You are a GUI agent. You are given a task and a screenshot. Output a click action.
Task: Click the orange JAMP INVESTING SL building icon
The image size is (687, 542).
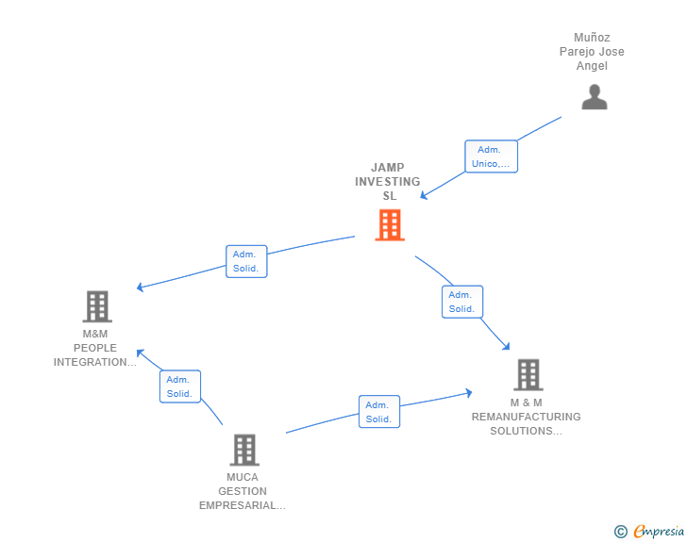point(390,225)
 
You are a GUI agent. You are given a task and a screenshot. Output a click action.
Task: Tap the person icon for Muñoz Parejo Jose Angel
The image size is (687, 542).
point(595,97)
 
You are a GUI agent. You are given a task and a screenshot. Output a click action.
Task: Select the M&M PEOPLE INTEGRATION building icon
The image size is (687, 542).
point(97,306)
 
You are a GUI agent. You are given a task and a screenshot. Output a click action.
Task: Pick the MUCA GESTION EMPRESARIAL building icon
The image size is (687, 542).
point(243,450)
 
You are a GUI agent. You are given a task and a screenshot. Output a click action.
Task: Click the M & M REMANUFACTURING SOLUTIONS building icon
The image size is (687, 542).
point(528,374)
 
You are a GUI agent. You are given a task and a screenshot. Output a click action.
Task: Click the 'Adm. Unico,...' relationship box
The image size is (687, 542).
point(492,156)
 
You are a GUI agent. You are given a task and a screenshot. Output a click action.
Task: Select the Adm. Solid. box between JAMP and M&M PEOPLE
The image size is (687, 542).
point(246,261)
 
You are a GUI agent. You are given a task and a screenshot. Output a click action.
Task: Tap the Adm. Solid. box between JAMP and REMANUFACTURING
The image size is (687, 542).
point(461,302)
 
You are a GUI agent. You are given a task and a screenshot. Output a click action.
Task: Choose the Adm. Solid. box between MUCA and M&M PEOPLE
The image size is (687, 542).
point(179,386)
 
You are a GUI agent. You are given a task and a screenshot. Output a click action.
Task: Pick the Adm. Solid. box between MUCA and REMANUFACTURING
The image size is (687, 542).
point(378,412)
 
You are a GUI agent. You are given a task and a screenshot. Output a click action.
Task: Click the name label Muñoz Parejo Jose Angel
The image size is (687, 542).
point(592,52)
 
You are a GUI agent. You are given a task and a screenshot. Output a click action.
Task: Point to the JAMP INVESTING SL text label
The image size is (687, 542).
point(388,182)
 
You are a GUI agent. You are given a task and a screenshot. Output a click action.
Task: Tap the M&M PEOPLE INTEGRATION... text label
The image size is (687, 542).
point(95,348)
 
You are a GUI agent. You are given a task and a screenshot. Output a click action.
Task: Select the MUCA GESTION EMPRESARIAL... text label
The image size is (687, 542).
point(243,491)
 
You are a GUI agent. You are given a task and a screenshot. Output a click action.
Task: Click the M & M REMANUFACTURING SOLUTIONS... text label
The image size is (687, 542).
point(527,417)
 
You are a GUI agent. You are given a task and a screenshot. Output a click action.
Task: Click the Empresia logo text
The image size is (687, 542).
point(659,532)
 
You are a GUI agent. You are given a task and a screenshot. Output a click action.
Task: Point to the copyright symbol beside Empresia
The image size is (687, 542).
point(621,532)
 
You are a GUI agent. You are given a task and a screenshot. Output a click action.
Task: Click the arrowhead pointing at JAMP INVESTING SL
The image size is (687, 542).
point(424,196)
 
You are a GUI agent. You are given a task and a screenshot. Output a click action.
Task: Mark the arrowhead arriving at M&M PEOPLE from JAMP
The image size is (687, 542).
point(140,287)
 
